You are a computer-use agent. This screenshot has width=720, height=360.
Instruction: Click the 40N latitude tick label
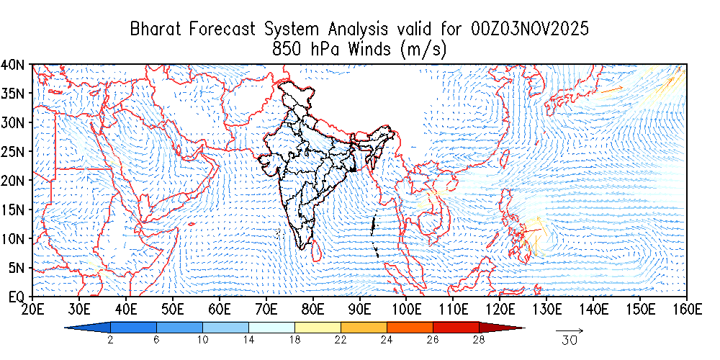click(14, 65)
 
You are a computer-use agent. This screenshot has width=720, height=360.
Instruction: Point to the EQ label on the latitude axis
click(17, 296)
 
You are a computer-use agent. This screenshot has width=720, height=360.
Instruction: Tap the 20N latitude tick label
click(14, 180)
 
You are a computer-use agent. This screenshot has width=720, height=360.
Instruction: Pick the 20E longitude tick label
click(32, 310)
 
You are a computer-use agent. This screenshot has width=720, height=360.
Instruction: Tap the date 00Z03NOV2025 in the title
click(531, 30)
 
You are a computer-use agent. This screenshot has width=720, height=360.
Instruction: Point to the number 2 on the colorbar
click(109, 340)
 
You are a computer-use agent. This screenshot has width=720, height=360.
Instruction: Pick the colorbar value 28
click(480, 340)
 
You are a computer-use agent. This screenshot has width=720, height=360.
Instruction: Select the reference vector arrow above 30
click(570, 330)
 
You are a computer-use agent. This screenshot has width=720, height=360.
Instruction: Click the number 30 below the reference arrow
click(570, 341)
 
